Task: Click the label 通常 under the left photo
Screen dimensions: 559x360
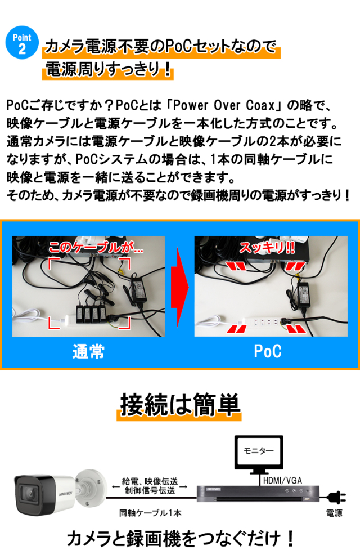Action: coord(88,352)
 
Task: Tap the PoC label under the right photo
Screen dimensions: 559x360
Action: coord(267,352)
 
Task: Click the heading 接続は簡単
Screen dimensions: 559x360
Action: coord(179,405)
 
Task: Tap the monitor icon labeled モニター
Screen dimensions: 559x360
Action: coord(258,452)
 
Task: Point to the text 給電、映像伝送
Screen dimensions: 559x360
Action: coord(150,482)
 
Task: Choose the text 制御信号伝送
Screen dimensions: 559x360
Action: coord(150,491)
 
